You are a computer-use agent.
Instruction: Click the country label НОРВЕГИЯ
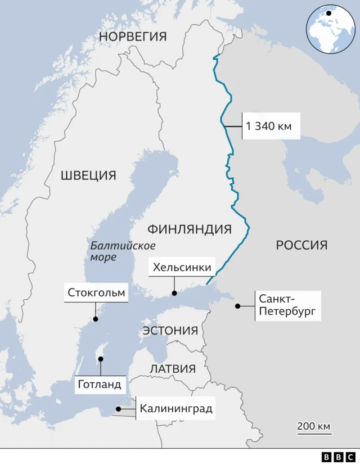(x=133, y=37)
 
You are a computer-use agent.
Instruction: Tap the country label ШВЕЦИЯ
(x=88, y=175)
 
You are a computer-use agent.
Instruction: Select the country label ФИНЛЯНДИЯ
(x=189, y=229)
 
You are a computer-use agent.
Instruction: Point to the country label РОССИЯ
(x=301, y=245)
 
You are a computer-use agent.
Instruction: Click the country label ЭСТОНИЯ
(x=170, y=330)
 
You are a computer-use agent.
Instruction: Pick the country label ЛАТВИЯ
(x=173, y=369)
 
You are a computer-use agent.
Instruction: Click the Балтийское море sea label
(x=123, y=251)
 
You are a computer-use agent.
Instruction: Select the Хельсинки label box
(x=182, y=267)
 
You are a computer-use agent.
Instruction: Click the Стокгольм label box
(x=96, y=293)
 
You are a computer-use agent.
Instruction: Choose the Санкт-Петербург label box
(x=288, y=305)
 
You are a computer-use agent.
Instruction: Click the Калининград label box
(x=175, y=409)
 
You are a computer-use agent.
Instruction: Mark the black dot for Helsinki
(x=174, y=293)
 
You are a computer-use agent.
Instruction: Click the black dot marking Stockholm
(x=96, y=319)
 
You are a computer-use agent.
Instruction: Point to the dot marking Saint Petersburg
(x=238, y=306)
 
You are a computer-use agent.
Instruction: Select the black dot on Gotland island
(x=101, y=358)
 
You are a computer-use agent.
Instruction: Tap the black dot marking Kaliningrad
(x=118, y=409)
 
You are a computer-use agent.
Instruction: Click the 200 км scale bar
(x=313, y=428)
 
